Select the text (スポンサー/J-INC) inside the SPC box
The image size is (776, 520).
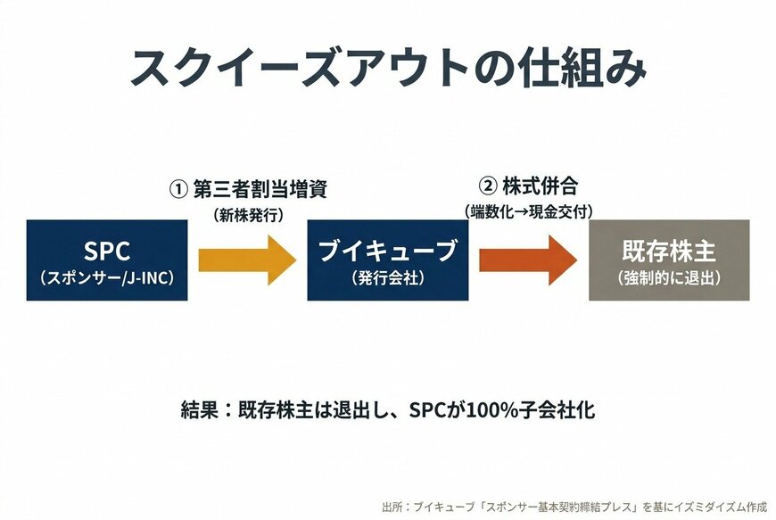pyautogui.click(x=107, y=278)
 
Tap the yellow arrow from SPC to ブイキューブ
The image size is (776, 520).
pyautogui.click(x=247, y=260)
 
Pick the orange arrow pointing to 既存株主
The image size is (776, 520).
pyautogui.click(x=528, y=260)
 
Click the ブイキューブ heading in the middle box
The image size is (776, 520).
pyautogui.click(x=387, y=250)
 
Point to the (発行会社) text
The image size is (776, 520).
pyautogui.click(x=387, y=278)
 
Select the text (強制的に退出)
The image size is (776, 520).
pyautogui.click(x=669, y=278)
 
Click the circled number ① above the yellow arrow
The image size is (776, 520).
pyautogui.click(x=178, y=189)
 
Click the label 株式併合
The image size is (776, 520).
pyautogui.click(x=541, y=186)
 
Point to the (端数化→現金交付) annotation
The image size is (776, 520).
pyautogui.click(x=528, y=211)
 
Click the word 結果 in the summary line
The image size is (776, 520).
pyautogui.click(x=197, y=411)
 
